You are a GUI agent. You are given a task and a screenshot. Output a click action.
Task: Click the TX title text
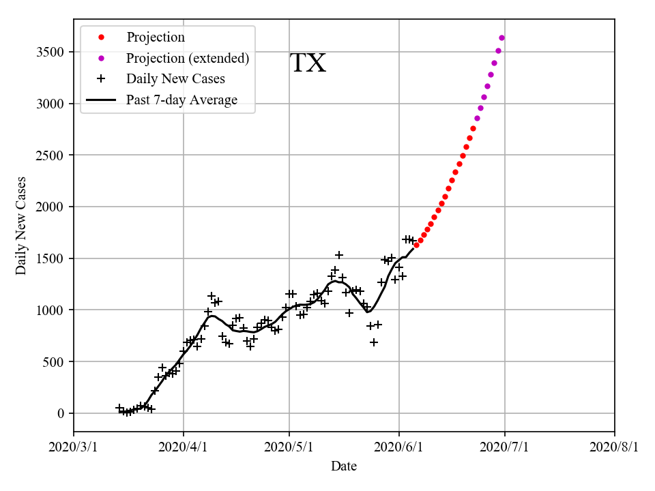pos(308,63)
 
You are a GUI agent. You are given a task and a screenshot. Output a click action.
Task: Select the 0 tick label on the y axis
pos(61,413)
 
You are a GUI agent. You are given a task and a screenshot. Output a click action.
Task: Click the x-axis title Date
pos(344,466)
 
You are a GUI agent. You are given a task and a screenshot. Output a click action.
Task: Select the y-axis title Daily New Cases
pos(21,226)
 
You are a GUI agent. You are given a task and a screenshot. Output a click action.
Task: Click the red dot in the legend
pos(101,38)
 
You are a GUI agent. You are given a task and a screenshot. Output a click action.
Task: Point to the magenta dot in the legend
pos(101,59)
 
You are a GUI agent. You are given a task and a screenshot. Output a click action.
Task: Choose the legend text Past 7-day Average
pos(181,100)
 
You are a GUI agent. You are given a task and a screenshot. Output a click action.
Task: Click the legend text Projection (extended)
pos(188,59)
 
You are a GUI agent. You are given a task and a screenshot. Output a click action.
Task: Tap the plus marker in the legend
pos(101,79)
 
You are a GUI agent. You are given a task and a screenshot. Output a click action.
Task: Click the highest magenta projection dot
pos(501,38)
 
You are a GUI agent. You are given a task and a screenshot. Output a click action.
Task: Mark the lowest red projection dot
pos(416,245)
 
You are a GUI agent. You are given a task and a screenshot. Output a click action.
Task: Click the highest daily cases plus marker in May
pos(339,255)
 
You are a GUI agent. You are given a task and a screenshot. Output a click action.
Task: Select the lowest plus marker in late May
pos(374,342)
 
